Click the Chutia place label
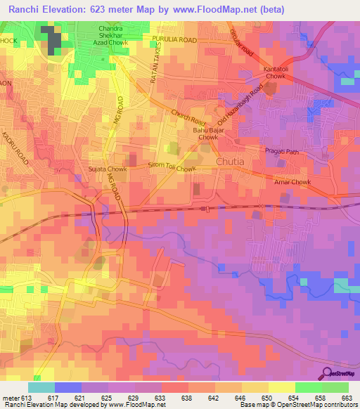point(230,164)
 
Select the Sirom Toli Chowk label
point(171,169)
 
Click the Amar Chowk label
point(292,181)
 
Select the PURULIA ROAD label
point(179,41)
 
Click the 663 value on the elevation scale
point(346,397)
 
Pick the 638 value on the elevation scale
point(186,397)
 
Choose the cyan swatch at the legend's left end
point(41,387)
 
